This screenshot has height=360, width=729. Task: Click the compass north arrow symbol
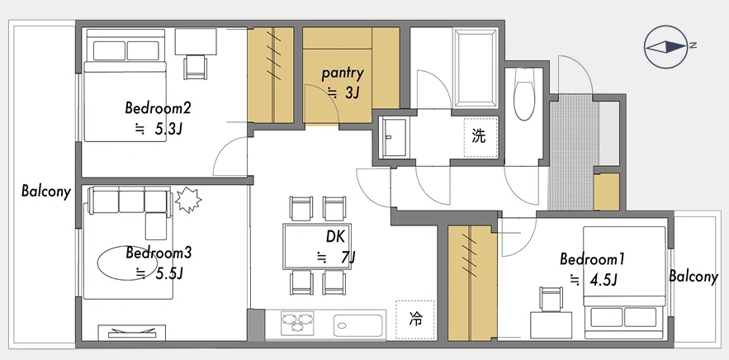[665, 46]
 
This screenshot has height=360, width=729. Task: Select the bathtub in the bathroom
[476, 68]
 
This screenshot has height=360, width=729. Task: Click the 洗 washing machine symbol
[480, 137]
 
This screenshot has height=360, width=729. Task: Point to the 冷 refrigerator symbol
[414, 320]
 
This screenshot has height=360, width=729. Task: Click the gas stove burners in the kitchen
[297, 321]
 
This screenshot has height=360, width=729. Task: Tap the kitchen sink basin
[358, 322]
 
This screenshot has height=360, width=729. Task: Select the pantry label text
[342, 73]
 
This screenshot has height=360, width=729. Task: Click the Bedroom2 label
[158, 108]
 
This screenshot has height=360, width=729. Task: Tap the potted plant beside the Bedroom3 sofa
[188, 200]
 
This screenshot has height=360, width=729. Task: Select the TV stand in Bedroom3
[131, 333]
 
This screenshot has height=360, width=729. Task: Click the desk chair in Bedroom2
[196, 67]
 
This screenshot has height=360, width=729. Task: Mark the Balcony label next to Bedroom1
[693, 277]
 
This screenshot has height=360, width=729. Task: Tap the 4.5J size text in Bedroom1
[603, 280]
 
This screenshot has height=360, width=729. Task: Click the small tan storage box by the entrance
[607, 192]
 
